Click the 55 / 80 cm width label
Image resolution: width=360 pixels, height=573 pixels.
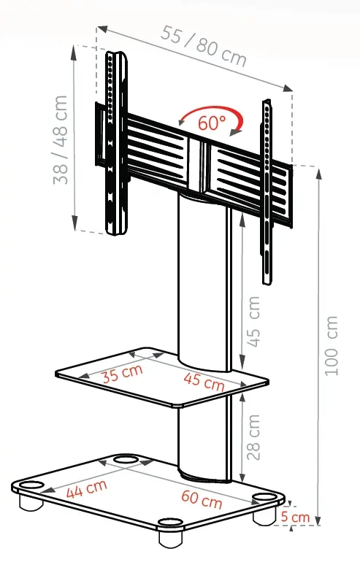point(203,46)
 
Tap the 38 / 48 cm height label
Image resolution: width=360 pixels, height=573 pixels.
point(61,139)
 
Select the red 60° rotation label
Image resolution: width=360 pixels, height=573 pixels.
point(212,123)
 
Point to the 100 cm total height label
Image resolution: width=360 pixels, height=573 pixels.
point(332,346)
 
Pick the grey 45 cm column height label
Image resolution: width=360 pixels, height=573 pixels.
point(253,321)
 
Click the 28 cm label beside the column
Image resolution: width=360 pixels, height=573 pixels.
point(253,437)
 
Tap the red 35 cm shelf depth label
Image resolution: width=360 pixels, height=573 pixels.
point(122,373)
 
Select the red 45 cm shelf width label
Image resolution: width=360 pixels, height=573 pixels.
point(204,382)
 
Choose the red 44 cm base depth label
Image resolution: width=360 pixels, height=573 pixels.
point(87,489)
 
